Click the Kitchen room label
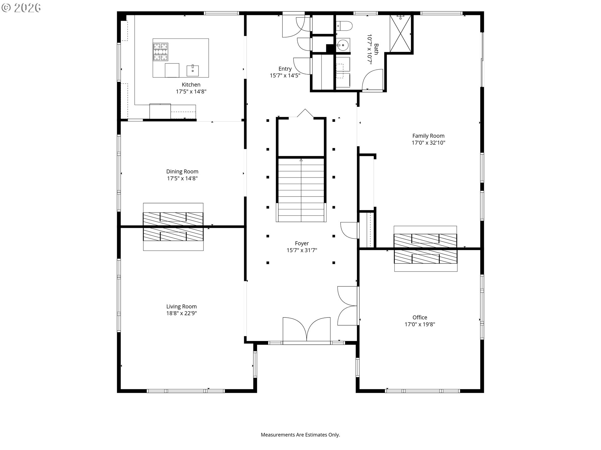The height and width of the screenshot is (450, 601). (191, 85)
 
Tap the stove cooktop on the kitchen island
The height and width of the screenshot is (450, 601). (161, 52)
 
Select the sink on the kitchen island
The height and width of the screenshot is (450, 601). (193, 71)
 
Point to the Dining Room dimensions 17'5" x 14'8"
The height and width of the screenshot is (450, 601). (182, 178)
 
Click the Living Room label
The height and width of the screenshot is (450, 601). (182, 307)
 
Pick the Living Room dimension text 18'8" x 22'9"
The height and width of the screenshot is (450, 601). (182, 313)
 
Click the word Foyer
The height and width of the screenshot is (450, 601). (302, 243)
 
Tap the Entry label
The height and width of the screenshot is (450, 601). (285, 69)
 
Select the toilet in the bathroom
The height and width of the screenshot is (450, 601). (344, 25)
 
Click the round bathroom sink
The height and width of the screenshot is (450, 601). (343, 46)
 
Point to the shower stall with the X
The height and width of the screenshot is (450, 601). (400, 33)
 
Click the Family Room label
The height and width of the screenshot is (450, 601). (428, 136)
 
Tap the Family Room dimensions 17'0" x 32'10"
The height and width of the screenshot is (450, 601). (428, 143)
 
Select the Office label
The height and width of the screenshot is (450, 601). (420, 317)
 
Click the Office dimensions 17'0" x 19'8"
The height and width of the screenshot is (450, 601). (420, 324)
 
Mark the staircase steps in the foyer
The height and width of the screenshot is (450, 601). (301, 190)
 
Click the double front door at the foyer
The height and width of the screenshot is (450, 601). (306, 331)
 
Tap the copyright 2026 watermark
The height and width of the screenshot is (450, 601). (21, 8)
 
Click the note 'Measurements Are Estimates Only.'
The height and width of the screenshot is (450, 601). (300, 435)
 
